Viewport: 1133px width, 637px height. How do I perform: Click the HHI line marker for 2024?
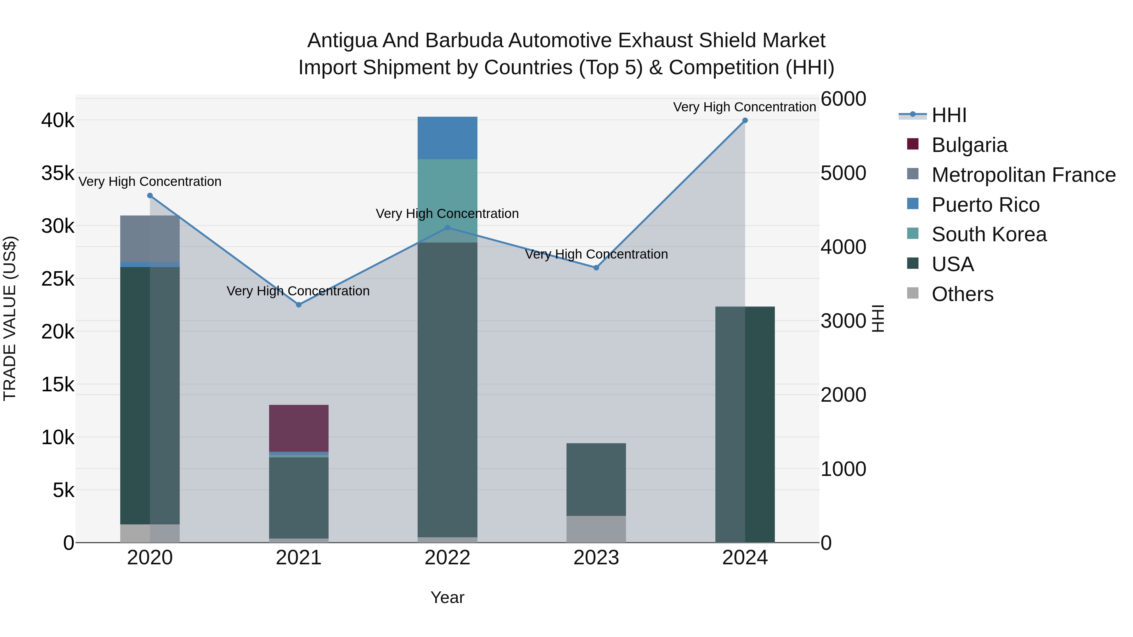(x=745, y=120)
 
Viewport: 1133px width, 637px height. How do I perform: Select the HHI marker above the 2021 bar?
(x=299, y=305)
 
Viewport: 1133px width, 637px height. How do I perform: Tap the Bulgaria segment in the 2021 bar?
(x=299, y=428)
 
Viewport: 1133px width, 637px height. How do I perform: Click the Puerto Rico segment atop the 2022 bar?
(x=447, y=137)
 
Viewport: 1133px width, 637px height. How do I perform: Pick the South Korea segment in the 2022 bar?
(x=447, y=193)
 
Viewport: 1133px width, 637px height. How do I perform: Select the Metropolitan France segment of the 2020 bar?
(x=150, y=239)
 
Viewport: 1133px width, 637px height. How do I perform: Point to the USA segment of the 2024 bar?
(x=745, y=424)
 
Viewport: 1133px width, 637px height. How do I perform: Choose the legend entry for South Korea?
(x=989, y=234)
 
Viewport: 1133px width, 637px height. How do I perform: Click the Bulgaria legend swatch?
(x=913, y=144)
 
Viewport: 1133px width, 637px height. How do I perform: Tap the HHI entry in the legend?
(x=949, y=115)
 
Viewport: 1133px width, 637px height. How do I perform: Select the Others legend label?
(x=962, y=294)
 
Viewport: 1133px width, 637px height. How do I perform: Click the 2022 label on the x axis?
(x=447, y=558)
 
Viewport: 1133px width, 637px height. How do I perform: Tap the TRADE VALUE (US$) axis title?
(x=10, y=318)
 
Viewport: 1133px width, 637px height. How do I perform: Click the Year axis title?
(x=447, y=597)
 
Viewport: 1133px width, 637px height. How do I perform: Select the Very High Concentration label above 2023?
(x=596, y=254)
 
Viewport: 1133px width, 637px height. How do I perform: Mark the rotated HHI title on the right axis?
(x=877, y=318)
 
